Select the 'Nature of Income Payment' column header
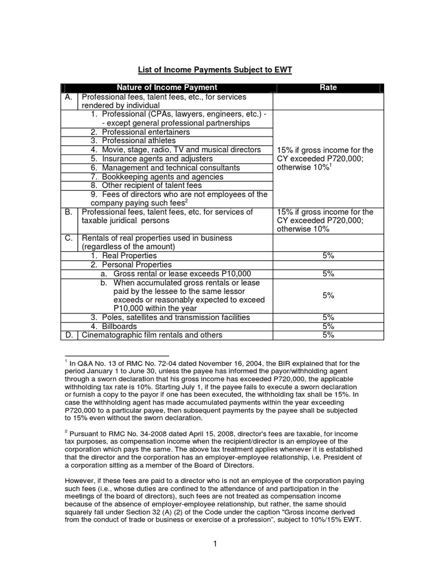tap(166, 88)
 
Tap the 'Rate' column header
tap(328, 88)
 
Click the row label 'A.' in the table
tap(68, 97)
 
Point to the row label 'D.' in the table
tap(68, 335)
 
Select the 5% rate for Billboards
tap(328, 326)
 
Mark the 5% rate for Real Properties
tap(328, 255)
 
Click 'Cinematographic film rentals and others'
tap(152, 335)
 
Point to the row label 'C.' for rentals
tap(68, 238)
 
